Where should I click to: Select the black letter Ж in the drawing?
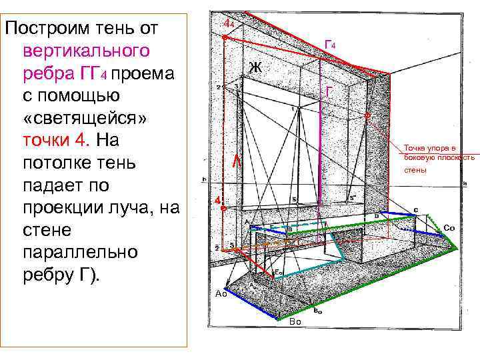coord(255,67)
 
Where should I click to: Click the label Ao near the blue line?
coord(221,293)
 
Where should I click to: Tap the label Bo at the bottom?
coord(296,322)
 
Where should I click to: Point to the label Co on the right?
coord(449,228)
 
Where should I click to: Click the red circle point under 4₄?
coord(225,39)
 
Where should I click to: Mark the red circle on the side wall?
coord(367,115)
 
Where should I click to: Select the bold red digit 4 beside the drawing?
coord(217,201)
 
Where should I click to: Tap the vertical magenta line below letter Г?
coord(321,153)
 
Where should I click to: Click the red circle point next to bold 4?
coord(225,209)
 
